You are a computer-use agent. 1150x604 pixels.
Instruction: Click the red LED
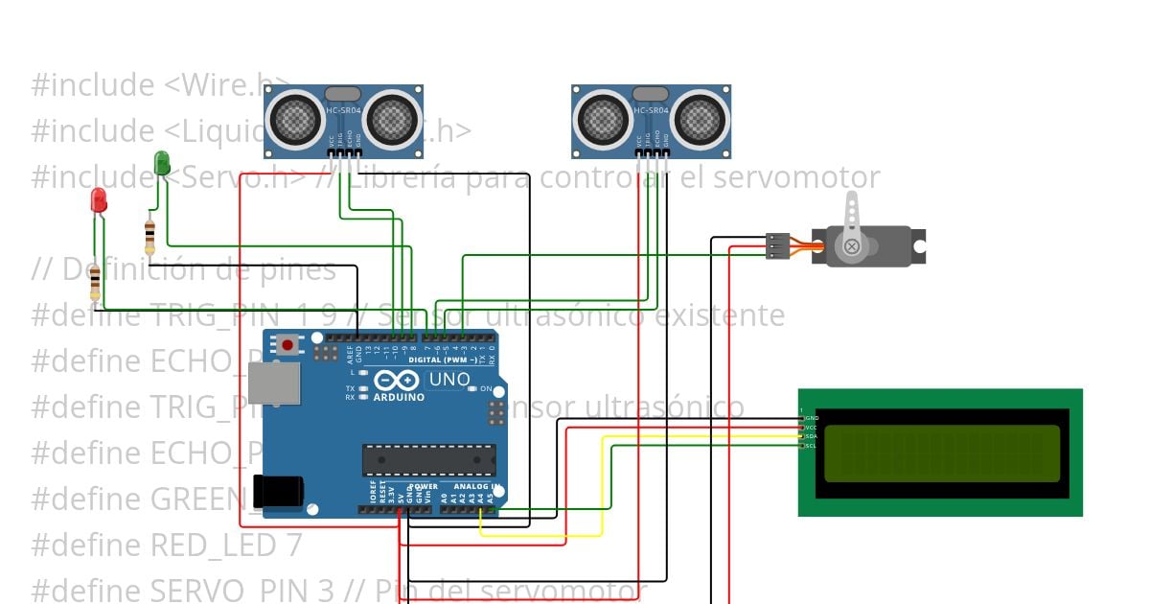coord(98,200)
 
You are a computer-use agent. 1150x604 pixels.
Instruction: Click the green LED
coord(162,162)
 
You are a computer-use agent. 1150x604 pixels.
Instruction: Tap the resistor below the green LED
coord(149,234)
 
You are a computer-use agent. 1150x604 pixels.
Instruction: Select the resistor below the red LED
coord(95,282)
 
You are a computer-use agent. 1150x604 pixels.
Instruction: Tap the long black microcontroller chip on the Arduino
coord(428,460)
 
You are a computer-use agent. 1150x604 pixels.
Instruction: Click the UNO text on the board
coord(449,380)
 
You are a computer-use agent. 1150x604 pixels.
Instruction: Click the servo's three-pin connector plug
coord(777,246)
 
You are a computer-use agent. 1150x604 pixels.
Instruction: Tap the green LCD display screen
coord(942,453)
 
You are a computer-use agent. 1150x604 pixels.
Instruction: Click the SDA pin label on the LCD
coord(811,436)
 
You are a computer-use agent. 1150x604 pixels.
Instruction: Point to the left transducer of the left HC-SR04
coord(293,119)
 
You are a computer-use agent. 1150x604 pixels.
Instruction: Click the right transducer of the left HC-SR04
coord(392,119)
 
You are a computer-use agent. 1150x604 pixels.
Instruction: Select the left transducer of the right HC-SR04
coord(602,119)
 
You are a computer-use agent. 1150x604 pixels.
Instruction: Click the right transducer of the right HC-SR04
coord(701,119)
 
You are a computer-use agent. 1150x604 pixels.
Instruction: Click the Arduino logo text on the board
coord(399,396)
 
